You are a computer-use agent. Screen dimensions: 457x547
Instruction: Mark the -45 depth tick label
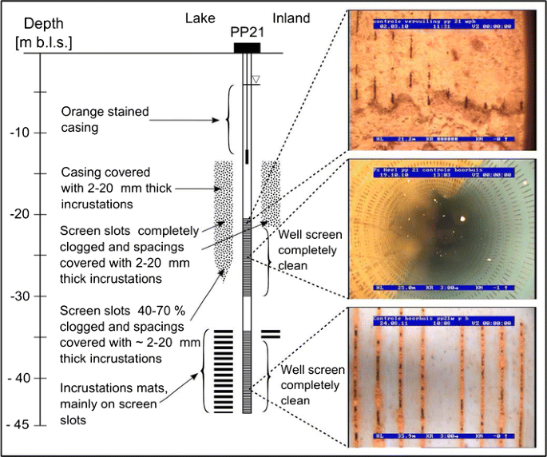[x=19, y=424]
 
